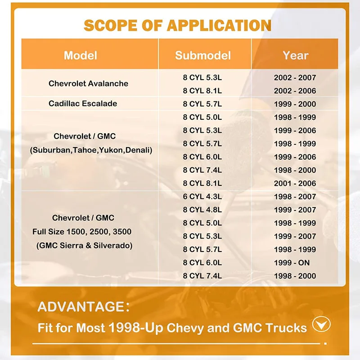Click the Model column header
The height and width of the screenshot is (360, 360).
coord(81,55)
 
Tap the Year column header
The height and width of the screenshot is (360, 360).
coord(295,55)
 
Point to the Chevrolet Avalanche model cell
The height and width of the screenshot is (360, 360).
coord(88,83)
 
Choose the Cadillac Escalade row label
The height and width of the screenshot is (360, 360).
coord(83,103)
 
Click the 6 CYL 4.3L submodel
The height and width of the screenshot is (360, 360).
coord(202,197)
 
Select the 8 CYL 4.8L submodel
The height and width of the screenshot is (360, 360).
coord(202,210)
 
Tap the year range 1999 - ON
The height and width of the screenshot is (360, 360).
coord(295,263)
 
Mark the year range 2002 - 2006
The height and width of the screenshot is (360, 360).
coord(295,90)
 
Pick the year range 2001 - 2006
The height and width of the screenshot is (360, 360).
coord(295,183)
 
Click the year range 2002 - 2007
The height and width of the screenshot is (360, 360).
coord(295,77)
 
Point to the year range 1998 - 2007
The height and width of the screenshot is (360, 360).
coord(295,197)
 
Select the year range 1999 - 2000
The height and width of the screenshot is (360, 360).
coord(295,104)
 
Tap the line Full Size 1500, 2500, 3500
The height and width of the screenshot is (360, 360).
coord(83,232)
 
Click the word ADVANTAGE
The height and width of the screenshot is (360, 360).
coord(81,307)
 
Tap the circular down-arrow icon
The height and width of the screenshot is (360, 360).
coord(320,325)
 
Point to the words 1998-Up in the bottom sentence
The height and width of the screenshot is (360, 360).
coord(136,327)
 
